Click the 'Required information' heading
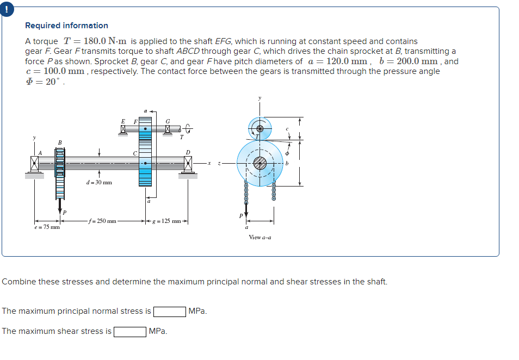66,26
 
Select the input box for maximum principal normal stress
170,312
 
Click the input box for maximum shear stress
129,331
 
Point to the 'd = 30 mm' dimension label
99,182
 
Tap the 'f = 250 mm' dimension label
104,221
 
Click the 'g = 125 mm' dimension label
166,221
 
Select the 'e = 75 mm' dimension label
46,227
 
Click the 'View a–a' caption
259,237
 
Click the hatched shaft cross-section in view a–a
260,162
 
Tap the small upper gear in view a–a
260,128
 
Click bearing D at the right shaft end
188,162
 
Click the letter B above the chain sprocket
59,142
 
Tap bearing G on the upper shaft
168,129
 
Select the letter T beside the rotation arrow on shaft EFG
182,137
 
